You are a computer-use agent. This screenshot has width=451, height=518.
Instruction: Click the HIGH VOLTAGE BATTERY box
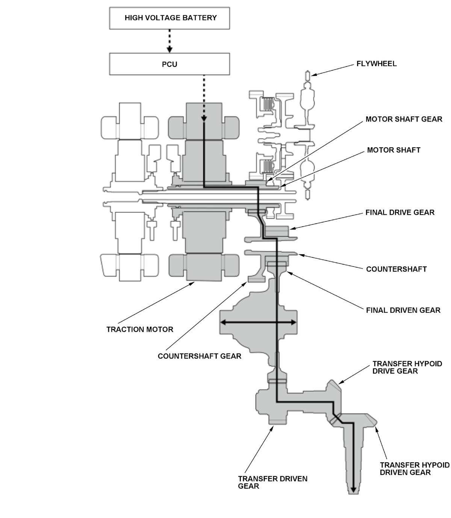pyautogui.click(x=170, y=18)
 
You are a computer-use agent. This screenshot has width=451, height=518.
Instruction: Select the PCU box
pyautogui.click(x=170, y=64)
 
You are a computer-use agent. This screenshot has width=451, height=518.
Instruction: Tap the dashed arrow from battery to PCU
pyautogui.click(x=170, y=41)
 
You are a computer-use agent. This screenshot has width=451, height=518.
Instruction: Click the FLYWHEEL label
pyautogui.click(x=376, y=63)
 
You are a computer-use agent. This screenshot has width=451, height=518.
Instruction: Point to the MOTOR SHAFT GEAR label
pyautogui.click(x=404, y=119)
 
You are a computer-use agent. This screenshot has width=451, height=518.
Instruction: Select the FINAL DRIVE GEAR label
pyautogui.click(x=400, y=212)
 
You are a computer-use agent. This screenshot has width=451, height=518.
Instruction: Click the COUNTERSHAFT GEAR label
pyautogui.click(x=199, y=356)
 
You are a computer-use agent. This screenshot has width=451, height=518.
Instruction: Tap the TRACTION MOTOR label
pyautogui.click(x=140, y=329)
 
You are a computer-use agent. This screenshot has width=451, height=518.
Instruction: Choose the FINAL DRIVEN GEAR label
pyautogui.click(x=403, y=310)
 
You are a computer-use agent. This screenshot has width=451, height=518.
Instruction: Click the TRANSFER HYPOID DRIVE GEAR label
pyautogui.click(x=407, y=367)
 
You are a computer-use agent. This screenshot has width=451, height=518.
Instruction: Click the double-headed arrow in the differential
pyautogui.click(x=258, y=322)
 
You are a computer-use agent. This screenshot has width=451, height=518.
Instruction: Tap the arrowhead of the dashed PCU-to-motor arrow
pyautogui.click(x=204, y=118)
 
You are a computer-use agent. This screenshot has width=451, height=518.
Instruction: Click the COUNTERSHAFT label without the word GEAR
pyautogui.click(x=396, y=269)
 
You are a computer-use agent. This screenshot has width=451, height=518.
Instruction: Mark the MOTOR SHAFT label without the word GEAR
pyautogui.click(x=393, y=150)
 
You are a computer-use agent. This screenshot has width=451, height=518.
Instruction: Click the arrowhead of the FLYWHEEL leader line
pyautogui.click(x=313, y=74)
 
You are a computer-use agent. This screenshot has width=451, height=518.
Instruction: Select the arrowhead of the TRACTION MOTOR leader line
pyautogui.click(x=192, y=284)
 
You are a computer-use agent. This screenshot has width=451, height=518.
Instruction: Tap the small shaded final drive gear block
pyautogui.click(x=277, y=230)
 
